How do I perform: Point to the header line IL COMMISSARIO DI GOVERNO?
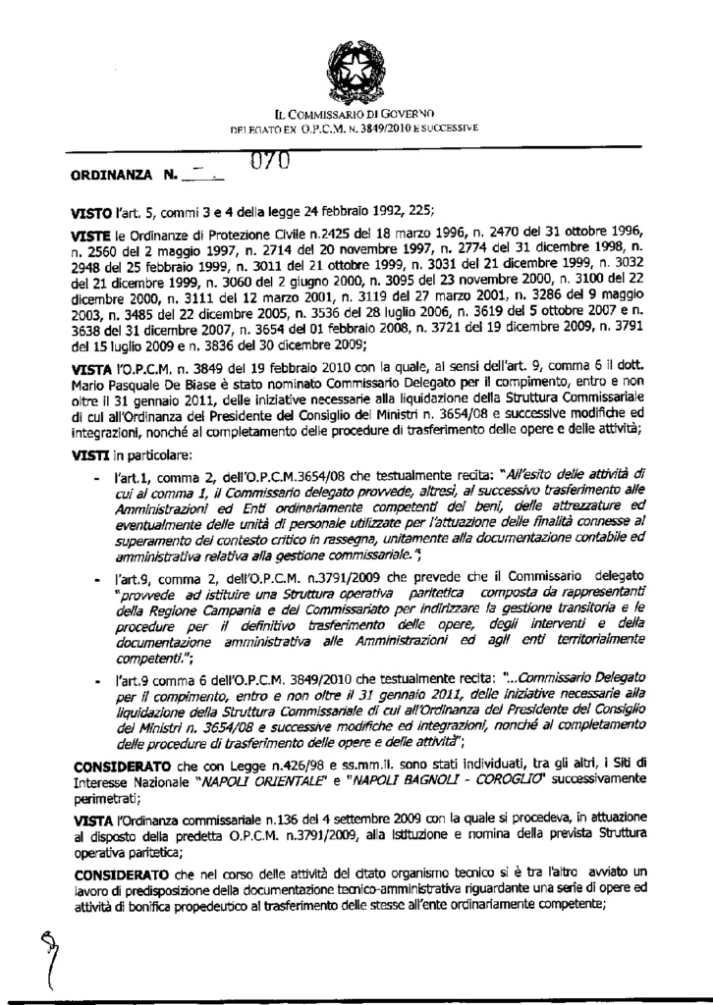[356, 114]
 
